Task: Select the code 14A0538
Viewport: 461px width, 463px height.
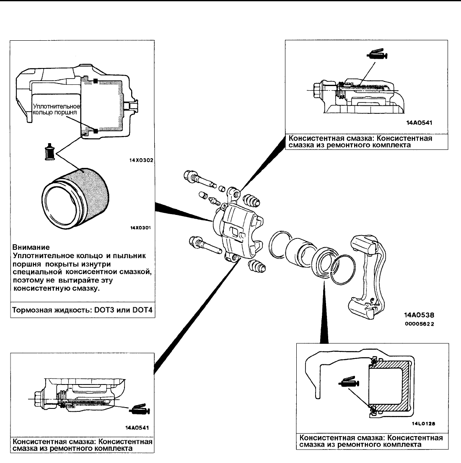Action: [418, 314]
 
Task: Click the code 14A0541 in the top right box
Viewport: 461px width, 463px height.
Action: [419, 123]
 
